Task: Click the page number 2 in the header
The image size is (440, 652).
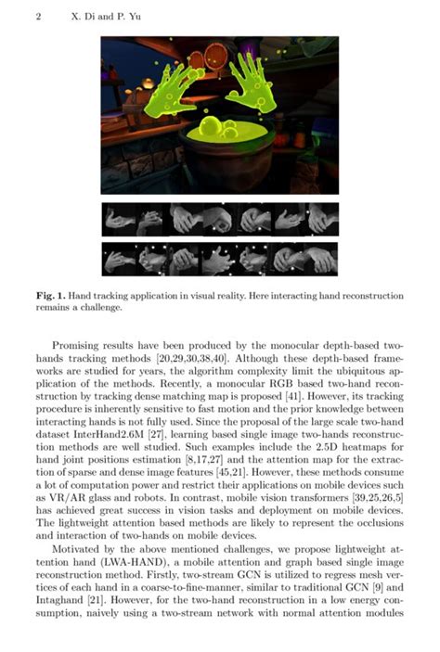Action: [x=37, y=17]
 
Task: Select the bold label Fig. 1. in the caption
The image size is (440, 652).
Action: [x=53, y=296]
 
